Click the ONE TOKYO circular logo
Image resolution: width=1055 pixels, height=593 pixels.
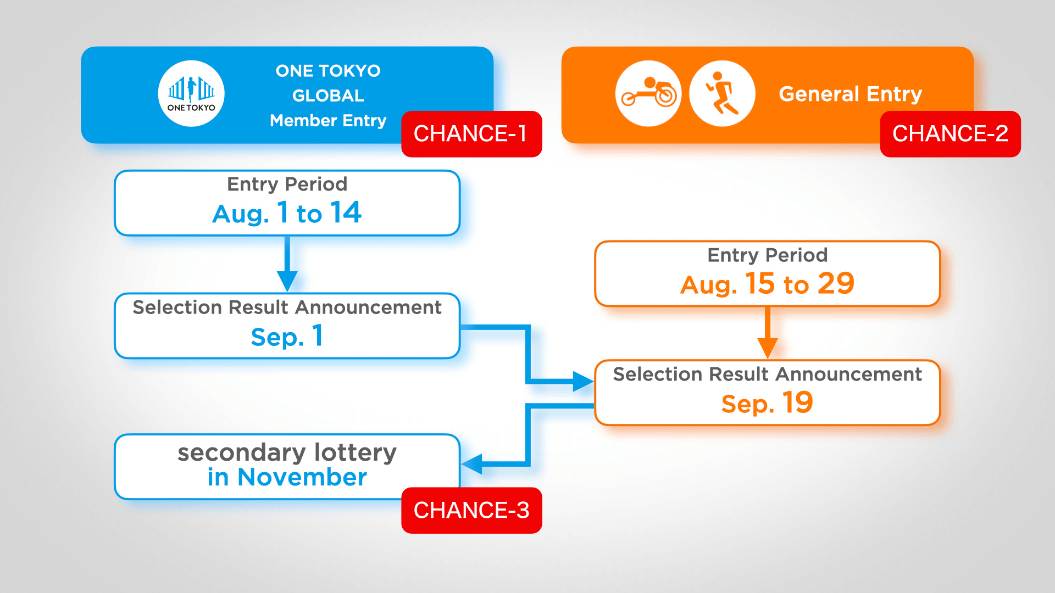[x=191, y=93]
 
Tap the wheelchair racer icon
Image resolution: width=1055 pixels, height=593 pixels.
[x=648, y=93]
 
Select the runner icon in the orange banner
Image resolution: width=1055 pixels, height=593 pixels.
[x=722, y=93]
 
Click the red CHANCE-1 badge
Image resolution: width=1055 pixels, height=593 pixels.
[x=471, y=134]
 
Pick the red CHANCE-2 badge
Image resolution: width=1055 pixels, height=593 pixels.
[x=950, y=134]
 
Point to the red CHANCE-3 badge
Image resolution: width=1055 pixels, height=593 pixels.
[x=471, y=510]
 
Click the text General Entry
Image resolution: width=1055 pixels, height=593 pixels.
[x=850, y=94]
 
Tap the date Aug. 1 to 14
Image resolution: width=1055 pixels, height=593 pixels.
[x=287, y=213]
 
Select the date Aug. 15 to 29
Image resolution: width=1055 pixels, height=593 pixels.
[x=767, y=284]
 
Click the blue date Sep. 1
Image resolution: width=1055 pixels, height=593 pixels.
[x=287, y=336]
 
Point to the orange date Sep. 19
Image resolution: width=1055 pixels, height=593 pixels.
[x=767, y=403]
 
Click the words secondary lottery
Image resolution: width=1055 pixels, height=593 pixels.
[x=287, y=452]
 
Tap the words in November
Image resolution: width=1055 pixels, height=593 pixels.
[x=287, y=477]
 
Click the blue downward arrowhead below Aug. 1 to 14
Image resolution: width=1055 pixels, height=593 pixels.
[x=287, y=281]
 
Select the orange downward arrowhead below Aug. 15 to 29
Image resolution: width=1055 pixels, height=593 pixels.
[x=767, y=348]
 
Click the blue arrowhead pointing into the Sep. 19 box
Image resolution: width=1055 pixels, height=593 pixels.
[x=582, y=381]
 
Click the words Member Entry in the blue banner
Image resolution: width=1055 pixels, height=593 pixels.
[x=328, y=120]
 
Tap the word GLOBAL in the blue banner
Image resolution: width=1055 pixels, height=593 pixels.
[x=328, y=96]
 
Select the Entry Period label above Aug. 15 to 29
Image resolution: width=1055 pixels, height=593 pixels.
[x=767, y=255]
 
